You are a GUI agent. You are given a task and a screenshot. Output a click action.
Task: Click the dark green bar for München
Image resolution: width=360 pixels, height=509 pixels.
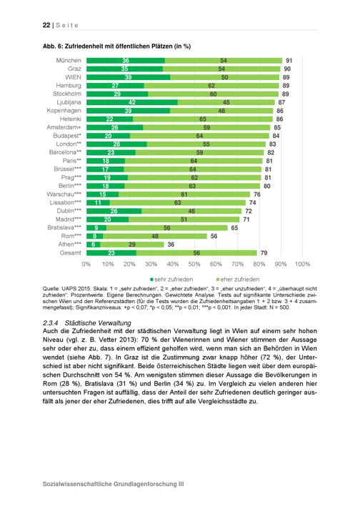[x=126, y=60]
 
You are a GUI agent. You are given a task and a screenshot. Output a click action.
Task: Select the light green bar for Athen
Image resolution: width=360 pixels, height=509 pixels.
[x=132, y=244]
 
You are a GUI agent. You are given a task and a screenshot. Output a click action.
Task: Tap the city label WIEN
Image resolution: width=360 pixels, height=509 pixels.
[x=73, y=77]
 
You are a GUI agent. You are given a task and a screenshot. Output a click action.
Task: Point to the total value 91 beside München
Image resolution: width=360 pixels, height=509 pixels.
[x=289, y=61]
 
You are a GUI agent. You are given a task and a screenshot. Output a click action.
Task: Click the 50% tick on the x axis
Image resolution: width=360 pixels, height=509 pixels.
[x=194, y=265]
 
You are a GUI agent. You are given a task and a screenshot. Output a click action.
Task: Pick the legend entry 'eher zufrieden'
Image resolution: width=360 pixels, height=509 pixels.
[x=238, y=280]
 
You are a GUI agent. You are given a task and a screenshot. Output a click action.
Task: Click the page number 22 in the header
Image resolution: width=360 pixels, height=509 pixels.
[x=46, y=25]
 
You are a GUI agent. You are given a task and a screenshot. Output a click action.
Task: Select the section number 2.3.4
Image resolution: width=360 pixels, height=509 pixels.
[x=50, y=323]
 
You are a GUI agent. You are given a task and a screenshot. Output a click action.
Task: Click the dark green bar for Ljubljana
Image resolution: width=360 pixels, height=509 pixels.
[x=132, y=102]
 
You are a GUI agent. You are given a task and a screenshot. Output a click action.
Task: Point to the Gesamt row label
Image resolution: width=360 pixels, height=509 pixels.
[x=71, y=253]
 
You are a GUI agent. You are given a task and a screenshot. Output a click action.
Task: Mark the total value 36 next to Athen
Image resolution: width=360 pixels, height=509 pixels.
[x=171, y=244]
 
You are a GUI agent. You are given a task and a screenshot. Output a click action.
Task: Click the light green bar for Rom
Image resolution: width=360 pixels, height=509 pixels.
[x=155, y=236]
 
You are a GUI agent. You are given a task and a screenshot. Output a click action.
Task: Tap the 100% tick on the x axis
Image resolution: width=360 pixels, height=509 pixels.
[x=302, y=265]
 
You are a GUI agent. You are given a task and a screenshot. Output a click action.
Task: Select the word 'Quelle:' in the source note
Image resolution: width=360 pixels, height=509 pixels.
[x=50, y=289]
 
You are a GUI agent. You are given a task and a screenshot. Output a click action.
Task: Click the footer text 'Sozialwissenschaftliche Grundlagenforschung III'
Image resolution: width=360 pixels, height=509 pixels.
[x=113, y=484]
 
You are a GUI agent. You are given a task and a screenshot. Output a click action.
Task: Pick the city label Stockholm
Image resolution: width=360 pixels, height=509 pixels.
[x=67, y=94]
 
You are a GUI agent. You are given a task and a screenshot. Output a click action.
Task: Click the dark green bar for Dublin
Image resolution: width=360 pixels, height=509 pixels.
[x=114, y=211]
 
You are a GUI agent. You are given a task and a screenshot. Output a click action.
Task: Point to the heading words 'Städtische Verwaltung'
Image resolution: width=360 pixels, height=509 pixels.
[x=98, y=323]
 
